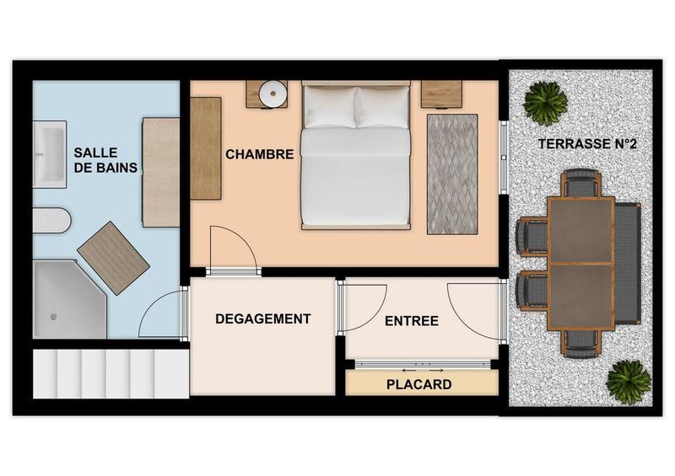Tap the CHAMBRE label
pos(259,154)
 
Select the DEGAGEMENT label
pos(262,318)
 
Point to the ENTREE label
pos(411,321)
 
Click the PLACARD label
pos(418,384)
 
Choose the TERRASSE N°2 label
pos(586,144)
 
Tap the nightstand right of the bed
pos(441,94)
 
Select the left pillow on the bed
pos(330,108)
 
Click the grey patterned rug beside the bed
pos(451,174)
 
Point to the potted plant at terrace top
pos(545,102)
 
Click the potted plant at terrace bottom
pos(629,382)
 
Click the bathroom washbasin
pos(48,154)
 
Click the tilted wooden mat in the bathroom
pos(113,257)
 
